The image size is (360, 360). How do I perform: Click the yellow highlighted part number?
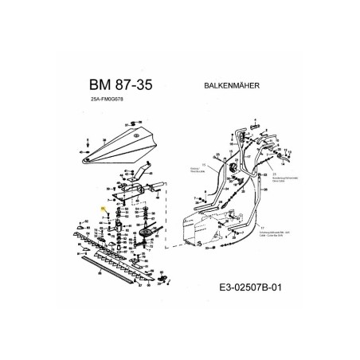[x=103, y=208]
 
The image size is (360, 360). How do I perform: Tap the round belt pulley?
[x=149, y=233]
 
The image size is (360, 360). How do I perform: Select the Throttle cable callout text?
[x=193, y=170]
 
